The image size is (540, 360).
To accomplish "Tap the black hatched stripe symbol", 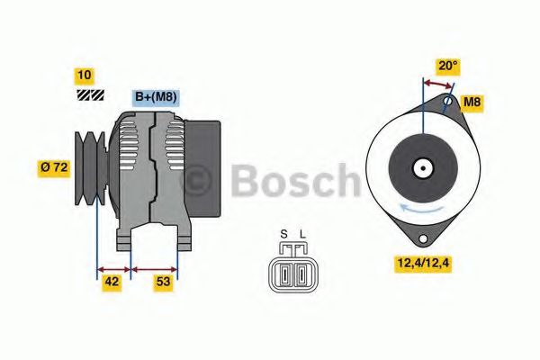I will click(x=90, y=93).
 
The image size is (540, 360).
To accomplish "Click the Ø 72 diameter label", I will click(x=53, y=167).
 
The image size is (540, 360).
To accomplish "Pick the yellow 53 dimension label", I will click(x=163, y=283).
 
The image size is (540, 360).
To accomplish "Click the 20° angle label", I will click(x=447, y=65).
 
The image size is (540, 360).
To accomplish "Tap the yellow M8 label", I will click(x=472, y=103).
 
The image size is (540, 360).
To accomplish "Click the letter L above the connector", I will click(x=302, y=236).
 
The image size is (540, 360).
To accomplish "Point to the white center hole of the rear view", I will click(x=421, y=166).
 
